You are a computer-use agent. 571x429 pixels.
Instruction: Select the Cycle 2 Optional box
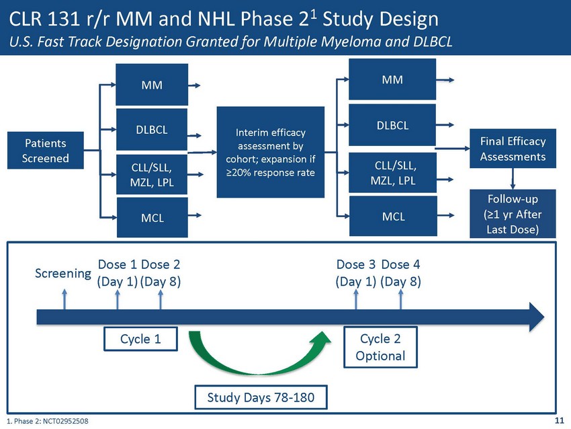pyautogui.click(x=380, y=346)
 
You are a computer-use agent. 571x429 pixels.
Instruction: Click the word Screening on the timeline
pyautogui.click(x=63, y=274)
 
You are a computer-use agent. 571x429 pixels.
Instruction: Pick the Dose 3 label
pyautogui.click(x=356, y=264)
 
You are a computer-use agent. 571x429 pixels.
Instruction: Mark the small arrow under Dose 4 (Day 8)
pyautogui.click(x=401, y=299)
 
